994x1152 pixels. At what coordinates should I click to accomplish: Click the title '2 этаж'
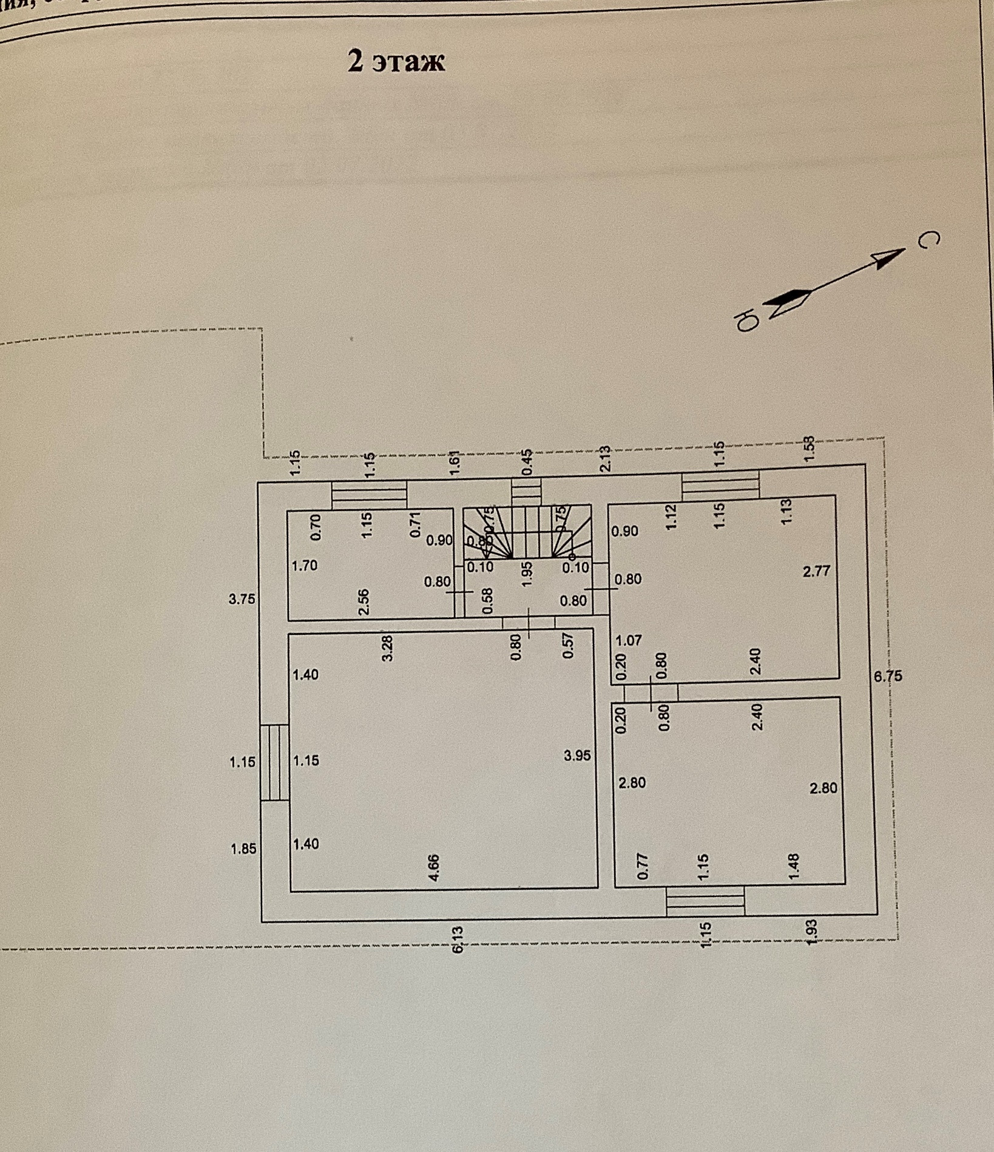click(x=396, y=61)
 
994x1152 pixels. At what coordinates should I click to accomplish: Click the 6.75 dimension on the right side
click(x=888, y=676)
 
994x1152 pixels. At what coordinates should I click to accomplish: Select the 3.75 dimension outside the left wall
click(x=242, y=599)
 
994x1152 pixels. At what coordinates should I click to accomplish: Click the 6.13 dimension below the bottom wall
click(x=458, y=938)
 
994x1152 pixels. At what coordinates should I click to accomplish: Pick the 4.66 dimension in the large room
click(x=434, y=867)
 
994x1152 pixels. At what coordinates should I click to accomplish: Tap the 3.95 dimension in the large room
click(x=577, y=756)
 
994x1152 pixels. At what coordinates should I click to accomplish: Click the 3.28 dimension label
click(x=388, y=648)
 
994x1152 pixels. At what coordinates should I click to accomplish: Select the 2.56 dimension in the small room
click(x=363, y=601)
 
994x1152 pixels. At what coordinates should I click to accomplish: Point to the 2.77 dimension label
click(x=816, y=571)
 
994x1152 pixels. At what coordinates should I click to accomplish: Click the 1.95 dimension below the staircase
click(x=527, y=574)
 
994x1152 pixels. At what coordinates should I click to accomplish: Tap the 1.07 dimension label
click(x=629, y=640)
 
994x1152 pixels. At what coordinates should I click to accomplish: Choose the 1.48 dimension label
click(x=793, y=866)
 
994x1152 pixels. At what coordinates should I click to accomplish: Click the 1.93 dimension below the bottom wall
click(x=812, y=932)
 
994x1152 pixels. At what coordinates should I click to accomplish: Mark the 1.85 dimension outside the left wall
click(x=243, y=849)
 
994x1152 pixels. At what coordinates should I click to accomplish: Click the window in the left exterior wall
click(x=274, y=762)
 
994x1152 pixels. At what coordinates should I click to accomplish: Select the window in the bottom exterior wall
click(x=705, y=901)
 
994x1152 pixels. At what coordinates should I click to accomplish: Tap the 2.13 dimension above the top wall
click(x=604, y=459)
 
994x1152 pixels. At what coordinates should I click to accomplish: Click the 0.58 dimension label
click(x=487, y=600)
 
